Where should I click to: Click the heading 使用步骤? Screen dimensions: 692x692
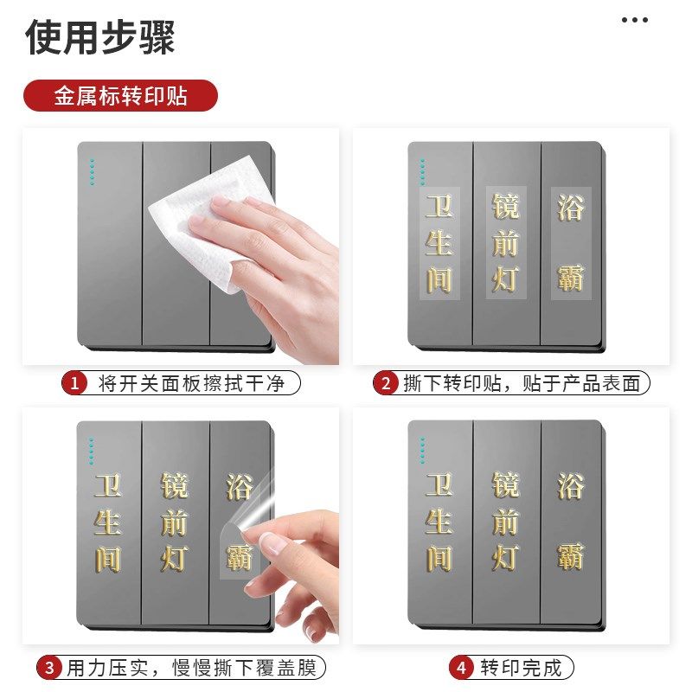point(100,37)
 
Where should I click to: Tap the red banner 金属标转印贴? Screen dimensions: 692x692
point(120,95)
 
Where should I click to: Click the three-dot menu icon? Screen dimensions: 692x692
point(635,20)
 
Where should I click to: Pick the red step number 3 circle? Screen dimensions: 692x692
point(50,668)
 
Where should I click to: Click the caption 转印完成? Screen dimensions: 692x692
point(521,668)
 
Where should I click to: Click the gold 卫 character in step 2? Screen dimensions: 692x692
point(439,208)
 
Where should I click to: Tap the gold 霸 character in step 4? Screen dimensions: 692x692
point(571,555)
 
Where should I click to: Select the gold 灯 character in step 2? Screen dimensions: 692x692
point(506,279)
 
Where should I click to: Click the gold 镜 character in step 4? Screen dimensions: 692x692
point(506,485)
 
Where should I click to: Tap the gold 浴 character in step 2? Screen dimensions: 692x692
point(571,208)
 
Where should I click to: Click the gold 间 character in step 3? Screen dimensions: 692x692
point(108,559)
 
